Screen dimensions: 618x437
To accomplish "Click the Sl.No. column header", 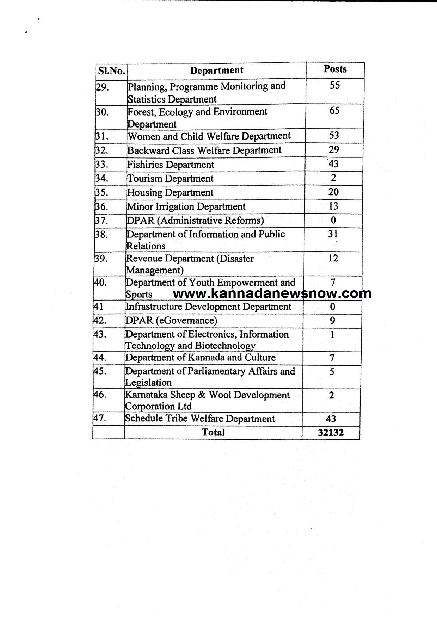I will tap(111, 71).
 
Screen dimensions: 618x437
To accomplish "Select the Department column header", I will tap(217, 70).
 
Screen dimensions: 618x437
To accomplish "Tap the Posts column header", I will tap(335, 69).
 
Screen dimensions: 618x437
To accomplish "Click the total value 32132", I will tap(331, 432).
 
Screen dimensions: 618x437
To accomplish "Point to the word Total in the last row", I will tap(213, 432).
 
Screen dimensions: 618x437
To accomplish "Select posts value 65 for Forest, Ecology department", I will tap(334, 111).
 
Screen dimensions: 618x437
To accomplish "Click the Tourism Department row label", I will tap(170, 179).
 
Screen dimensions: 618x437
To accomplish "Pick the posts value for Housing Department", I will tap(333, 192).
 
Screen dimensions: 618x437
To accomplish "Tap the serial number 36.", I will tap(101, 206).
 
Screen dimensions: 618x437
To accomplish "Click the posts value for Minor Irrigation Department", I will tap(333, 206).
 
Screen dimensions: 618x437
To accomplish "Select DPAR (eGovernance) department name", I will tap(171, 320).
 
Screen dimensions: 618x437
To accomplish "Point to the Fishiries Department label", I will tap(171, 165).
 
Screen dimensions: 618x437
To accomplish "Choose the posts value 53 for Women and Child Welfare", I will tap(334, 135).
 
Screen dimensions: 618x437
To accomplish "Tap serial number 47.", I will tap(100, 418).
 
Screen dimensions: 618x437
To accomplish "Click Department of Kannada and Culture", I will tap(200, 358).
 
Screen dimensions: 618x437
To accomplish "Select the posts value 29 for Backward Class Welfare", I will tap(334, 149).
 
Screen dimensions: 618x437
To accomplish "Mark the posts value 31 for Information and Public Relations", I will tap(333, 234).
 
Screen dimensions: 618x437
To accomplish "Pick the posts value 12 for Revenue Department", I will tap(333, 258).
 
